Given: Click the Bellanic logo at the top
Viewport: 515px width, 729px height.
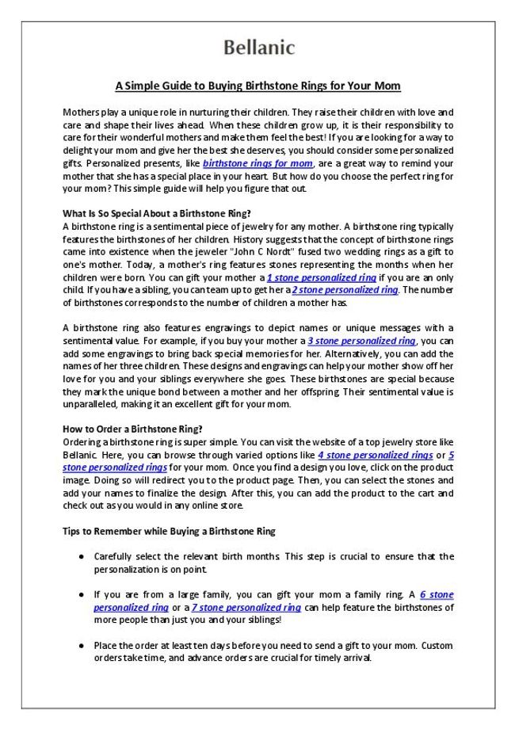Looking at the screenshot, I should pyautogui.click(x=257, y=48).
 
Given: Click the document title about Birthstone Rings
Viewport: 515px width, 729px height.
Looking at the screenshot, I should pyautogui.click(x=257, y=86).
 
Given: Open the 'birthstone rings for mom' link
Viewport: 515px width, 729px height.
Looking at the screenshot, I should pyautogui.click(x=257, y=163).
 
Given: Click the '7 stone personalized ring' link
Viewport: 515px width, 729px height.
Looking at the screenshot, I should pyautogui.click(x=246, y=607).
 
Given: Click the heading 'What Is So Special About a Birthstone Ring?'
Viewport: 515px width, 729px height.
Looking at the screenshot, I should pyautogui.click(x=156, y=213).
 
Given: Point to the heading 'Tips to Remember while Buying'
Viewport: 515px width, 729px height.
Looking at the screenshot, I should pyautogui.click(x=168, y=531).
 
